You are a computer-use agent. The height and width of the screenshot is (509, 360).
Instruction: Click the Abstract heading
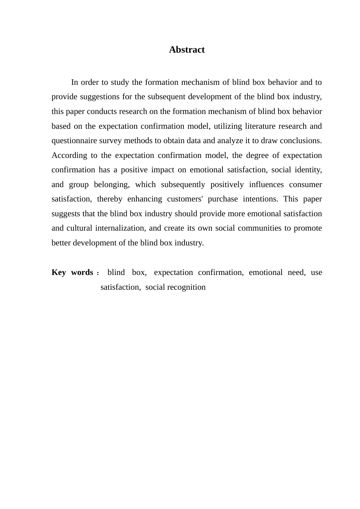click(187, 50)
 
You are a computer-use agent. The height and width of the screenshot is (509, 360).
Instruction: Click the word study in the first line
click(120, 82)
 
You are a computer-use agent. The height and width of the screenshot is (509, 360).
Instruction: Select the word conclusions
click(301, 141)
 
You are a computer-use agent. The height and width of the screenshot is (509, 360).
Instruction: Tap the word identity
click(309, 170)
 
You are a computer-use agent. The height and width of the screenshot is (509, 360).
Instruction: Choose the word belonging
click(111, 184)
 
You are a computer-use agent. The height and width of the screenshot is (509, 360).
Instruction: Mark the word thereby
click(110, 199)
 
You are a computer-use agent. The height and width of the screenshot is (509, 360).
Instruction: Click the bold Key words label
click(72, 272)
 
